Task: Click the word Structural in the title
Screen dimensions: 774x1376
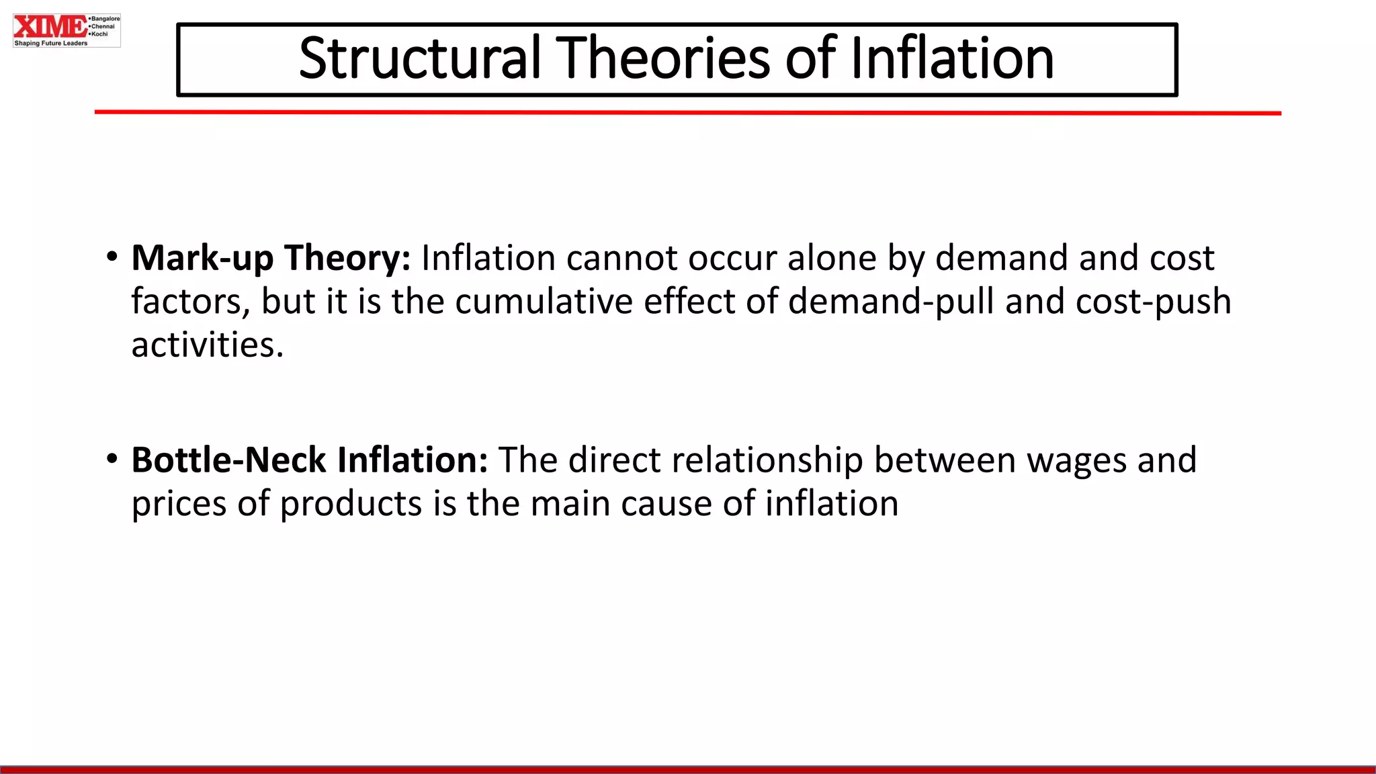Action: pyautogui.click(x=419, y=58)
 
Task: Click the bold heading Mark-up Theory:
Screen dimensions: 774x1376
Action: pyautogui.click(x=271, y=259)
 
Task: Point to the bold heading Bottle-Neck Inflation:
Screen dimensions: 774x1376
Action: pyautogui.click(x=309, y=461)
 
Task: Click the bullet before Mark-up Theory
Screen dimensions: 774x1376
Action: pyautogui.click(x=112, y=257)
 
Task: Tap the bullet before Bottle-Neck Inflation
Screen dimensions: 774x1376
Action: pyautogui.click(x=112, y=459)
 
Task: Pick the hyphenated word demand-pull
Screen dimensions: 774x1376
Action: pyautogui.click(x=891, y=302)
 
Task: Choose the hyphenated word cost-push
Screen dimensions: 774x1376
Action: pyautogui.click(x=1153, y=302)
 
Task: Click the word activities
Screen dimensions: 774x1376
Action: pyautogui.click(x=207, y=345)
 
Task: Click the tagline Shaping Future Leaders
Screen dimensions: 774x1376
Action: pyautogui.click(x=51, y=43)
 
